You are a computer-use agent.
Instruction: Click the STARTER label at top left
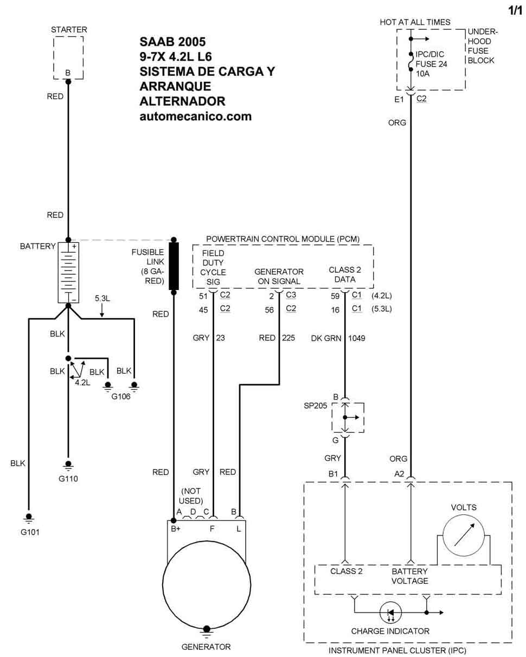[69, 30]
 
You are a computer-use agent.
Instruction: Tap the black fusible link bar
[174, 266]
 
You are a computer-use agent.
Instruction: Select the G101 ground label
[30, 532]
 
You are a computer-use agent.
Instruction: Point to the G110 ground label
[68, 479]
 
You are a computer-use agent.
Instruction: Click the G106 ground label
[121, 396]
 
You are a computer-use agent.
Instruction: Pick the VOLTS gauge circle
[464, 536]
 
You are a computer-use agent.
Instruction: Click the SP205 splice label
[315, 405]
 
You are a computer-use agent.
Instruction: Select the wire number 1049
[356, 338]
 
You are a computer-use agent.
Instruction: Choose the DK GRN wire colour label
[326, 338]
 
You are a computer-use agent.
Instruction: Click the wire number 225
[288, 338]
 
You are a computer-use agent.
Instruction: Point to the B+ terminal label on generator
[175, 529]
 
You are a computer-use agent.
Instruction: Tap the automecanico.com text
[196, 117]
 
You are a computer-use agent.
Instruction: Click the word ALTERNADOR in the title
[182, 101]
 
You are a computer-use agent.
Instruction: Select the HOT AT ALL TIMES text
[415, 22]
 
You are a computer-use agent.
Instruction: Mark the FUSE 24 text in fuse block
[431, 64]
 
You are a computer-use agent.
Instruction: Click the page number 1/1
[515, 11]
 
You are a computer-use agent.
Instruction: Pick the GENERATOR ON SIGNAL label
[279, 276]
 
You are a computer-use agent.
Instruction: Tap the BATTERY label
[37, 246]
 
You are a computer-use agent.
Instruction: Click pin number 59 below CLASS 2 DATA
[335, 296]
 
